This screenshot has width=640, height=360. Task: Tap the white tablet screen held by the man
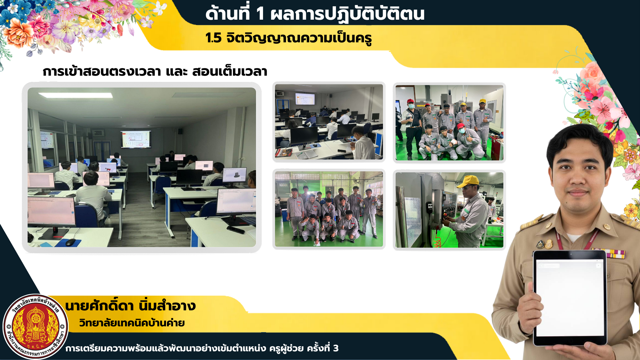pyautogui.click(x=570, y=298)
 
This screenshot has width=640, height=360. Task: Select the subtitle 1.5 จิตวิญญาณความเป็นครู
pyautogui.click(x=288, y=38)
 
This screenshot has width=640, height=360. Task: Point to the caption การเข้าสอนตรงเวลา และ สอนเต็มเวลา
pyautogui.click(x=155, y=71)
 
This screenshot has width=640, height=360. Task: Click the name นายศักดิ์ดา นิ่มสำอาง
pyautogui.click(x=130, y=305)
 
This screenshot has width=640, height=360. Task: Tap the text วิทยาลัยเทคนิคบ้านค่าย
pyautogui.click(x=132, y=323)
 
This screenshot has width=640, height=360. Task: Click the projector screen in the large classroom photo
pyautogui.click(x=136, y=139)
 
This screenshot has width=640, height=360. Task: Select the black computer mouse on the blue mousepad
pyautogui.click(x=70, y=242)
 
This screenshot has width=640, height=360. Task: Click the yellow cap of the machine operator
pyautogui.click(x=469, y=181)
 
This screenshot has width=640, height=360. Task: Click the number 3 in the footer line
pyautogui.click(x=336, y=348)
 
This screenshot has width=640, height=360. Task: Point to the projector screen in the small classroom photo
pyautogui.click(x=305, y=99)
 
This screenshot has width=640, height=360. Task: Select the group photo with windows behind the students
pyautogui.click(x=329, y=209)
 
